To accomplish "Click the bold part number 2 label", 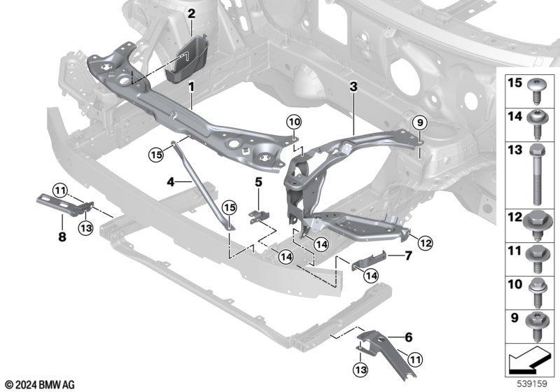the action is (x=191, y=14).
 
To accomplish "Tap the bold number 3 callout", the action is (x=353, y=86).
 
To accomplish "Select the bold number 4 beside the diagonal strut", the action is (x=171, y=182).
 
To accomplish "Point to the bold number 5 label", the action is (x=258, y=182).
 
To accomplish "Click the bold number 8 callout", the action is (x=62, y=237).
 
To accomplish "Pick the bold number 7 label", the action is (x=408, y=255).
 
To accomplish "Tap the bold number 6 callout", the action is (x=409, y=337).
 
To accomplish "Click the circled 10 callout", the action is (x=294, y=122).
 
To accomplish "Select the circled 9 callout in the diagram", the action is (x=419, y=122).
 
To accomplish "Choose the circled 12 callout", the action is (x=425, y=243).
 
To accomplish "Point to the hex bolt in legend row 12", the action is (x=537, y=225).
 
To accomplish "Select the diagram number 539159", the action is (x=532, y=384).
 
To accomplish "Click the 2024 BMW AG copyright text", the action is (x=40, y=384).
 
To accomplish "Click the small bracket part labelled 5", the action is (x=258, y=216).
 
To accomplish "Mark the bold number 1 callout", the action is (x=191, y=87).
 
